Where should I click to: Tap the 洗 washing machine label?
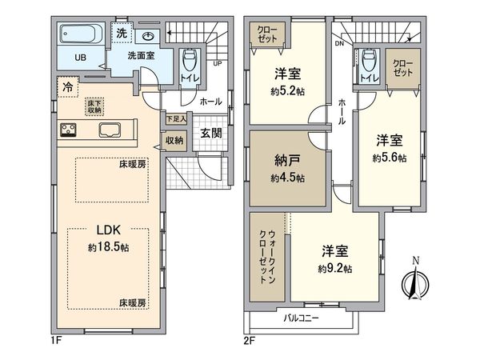point(121,33)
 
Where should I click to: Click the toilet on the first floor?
point(188,62)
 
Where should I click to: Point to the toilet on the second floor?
point(368,62)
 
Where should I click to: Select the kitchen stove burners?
point(67,130)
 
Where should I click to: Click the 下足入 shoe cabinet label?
point(175,119)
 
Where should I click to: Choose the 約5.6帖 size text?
point(389,158)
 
